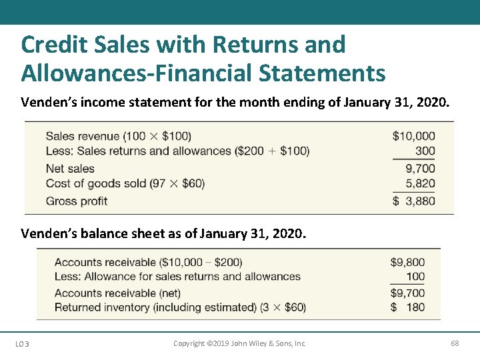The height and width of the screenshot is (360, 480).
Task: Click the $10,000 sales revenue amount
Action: (x=413, y=136)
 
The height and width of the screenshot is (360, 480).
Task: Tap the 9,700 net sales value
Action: (x=420, y=169)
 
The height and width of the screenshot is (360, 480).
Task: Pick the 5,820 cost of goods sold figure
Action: (x=420, y=183)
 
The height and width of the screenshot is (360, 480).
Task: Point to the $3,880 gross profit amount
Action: (x=413, y=201)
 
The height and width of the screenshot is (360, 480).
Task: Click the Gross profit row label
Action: (x=76, y=201)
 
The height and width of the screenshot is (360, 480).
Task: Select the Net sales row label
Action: (x=70, y=169)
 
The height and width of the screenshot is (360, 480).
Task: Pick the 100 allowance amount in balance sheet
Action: (x=415, y=277)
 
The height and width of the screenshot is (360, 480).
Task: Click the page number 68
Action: (x=455, y=343)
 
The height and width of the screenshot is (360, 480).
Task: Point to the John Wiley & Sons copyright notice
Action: (x=239, y=343)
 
